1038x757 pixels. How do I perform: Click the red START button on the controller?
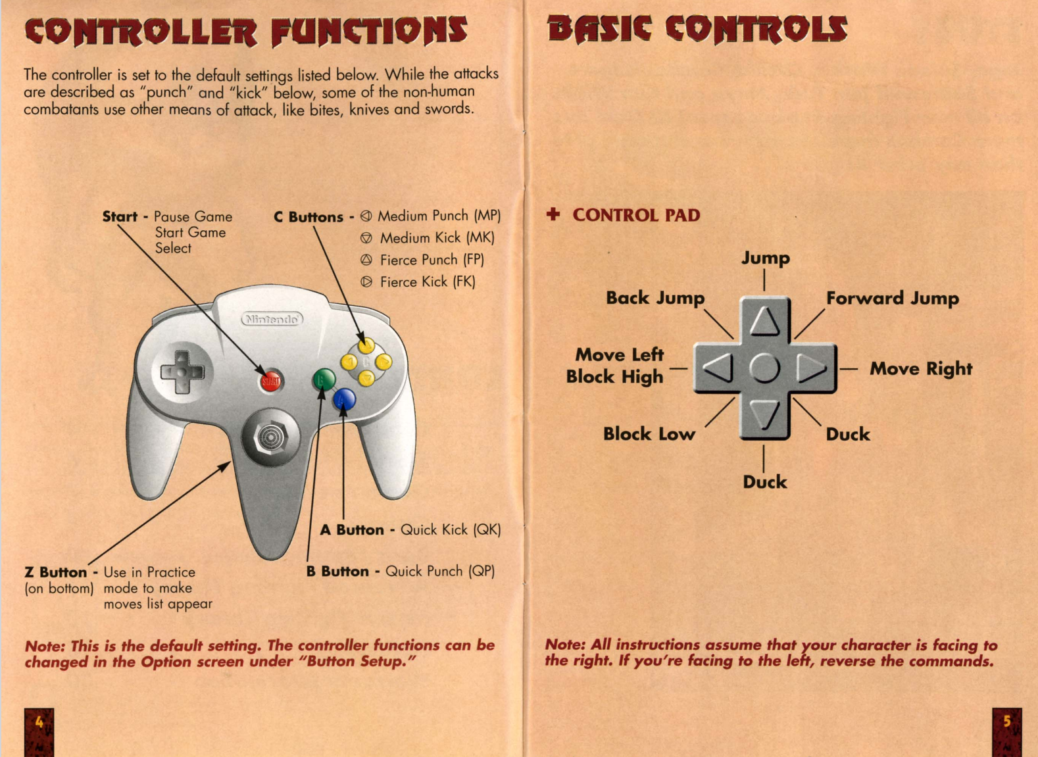pyautogui.click(x=270, y=381)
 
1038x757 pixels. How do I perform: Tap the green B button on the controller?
pyautogui.click(x=324, y=379)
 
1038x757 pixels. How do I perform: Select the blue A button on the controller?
pyautogui.click(x=344, y=399)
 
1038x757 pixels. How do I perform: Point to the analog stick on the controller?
pyautogui.click(x=271, y=437)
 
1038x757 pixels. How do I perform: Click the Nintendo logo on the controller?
pyautogui.click(x=272, y=319)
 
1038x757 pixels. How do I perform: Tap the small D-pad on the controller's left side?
pyautogui.click(x=182, y=372)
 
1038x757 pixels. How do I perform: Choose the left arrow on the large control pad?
pyautogui.click(x=719, y=368)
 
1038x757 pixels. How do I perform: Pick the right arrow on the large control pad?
pyautogui.click(x=812, y=368)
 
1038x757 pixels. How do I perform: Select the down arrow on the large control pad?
pyautogui.click(x=764, y=414)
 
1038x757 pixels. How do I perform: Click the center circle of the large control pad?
pyautogui.click(x=764, y=368)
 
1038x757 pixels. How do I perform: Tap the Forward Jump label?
pyautogui.click(x=893, y=299)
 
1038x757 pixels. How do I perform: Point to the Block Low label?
pyautogui.click(x=649, y=434)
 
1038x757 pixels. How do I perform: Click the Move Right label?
pyautogui.click(x=921, y=369)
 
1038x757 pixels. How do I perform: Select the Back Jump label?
pyautogui.click(x=655, y=298)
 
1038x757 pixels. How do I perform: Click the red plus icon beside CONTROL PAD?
pyautogui.click(x=553, y=214)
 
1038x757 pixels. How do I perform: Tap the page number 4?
pyautogui.click(x=39, y=722)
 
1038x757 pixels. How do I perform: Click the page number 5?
pyautogui.click(x=1006, y=721)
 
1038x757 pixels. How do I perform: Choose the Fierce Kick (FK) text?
pyautogui.click(x=428, y=281)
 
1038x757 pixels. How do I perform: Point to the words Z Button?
pyautogui.click(x=56, y=572)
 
